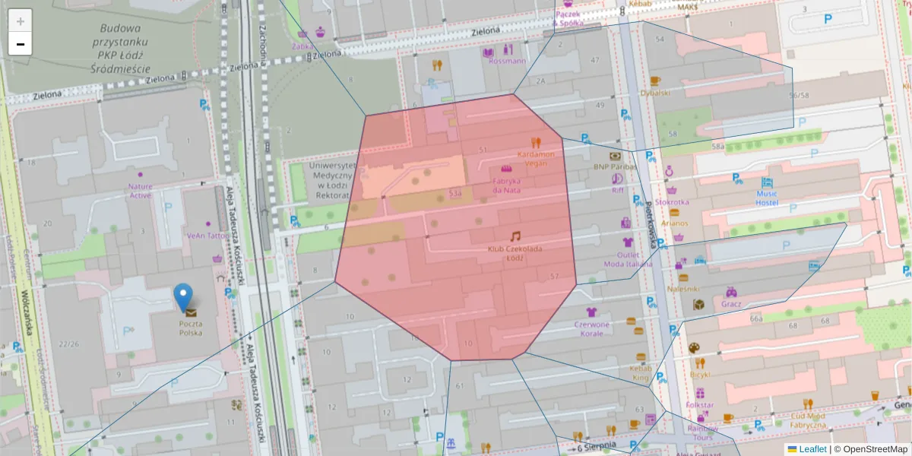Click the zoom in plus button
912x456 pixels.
tap(21, 21)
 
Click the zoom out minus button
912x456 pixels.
tap(21, 44)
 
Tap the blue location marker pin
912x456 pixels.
tap(183, 297)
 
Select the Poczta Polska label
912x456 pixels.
tap(190, 328)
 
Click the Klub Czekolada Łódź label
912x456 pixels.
tap(515, 253)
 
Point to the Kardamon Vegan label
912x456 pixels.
tap(536, 158)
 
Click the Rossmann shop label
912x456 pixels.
tap(507, 61)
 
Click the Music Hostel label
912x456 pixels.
tap(766, 198)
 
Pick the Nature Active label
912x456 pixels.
tap(140, 191)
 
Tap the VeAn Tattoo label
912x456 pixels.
tap(207, 236)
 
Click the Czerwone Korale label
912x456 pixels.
tap(591, 329)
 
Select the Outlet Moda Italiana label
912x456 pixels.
tap(628, 259)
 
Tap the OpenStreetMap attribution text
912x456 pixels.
tap(873, 449)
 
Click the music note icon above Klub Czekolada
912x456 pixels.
tap(515, 236)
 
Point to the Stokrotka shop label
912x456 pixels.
tap(672, 202)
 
